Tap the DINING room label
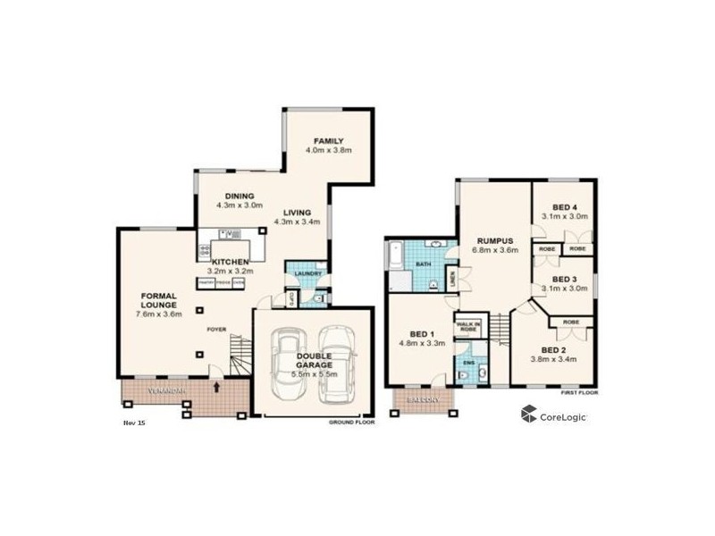coord(240,197)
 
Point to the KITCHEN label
coord(230,262)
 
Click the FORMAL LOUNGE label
coord(157,300)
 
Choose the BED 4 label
coord(563,206)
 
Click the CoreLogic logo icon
coord(529,413)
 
